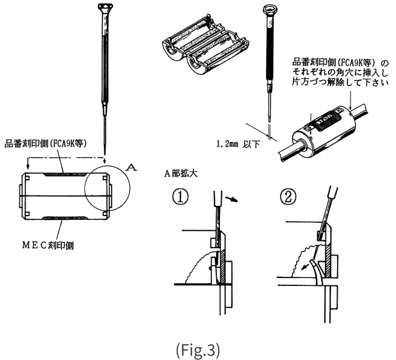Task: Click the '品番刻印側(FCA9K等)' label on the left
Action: [x=47, y=144]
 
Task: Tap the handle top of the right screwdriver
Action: [x=268, y=10]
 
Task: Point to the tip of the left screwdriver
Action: [x=106, y=152]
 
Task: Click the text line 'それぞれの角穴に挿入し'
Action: [x=339, y=72]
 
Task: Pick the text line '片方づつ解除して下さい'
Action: [x=339, y=82]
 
